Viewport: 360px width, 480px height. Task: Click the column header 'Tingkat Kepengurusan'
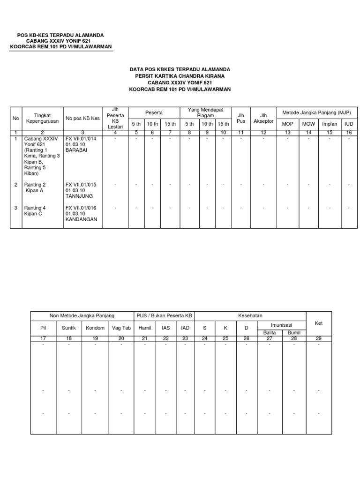pyautogui.click(x=42, y=118)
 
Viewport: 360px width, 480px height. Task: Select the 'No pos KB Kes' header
pyautogui.click(x=82, y=118)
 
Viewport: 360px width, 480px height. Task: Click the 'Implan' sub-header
pyautogui.click(x=330, y=124)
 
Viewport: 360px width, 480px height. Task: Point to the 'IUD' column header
pyautogui.click(x=349, y=124)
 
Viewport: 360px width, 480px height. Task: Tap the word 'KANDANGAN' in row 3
pyautogui.click(x=81, y=219)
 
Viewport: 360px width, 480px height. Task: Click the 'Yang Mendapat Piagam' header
pyautogui.click(x=205, y=112)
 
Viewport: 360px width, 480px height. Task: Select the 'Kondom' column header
pyautogui.click(x=95, y=328)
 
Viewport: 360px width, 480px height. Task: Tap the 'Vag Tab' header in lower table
pyautogui.click(x=121, y=328)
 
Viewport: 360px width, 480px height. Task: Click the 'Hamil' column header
pyautogui.click(x=145, y=328)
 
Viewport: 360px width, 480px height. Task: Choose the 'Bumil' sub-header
pyautogui.click(x=294, y=332)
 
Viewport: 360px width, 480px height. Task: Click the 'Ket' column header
pyautogui.click(x=319, y=323)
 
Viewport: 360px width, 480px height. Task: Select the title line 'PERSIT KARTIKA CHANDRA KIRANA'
pyautogui.click(x=180, y=75)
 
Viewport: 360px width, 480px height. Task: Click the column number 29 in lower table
pyautogui.click(x=319, y=338)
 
